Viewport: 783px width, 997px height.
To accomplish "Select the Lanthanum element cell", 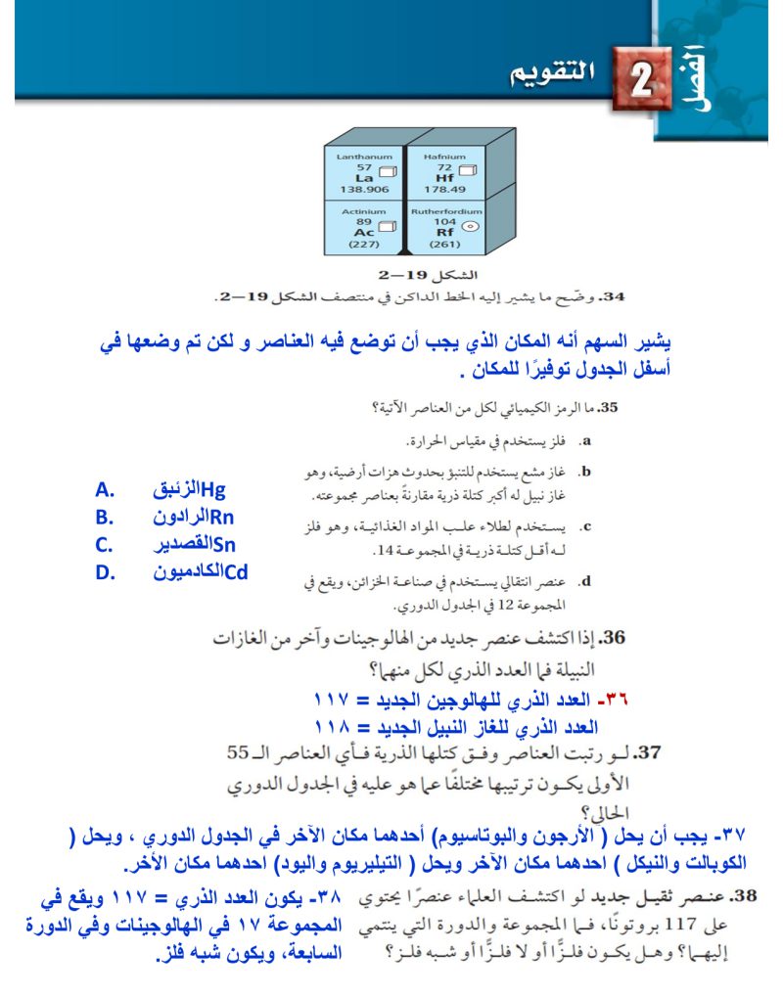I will pyautogui.click(x=364, y=173).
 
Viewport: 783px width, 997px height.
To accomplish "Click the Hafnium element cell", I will pyautogui.click(x=444, y=173).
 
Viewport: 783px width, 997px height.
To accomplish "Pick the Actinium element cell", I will pyautogui.click(x=364, y=228).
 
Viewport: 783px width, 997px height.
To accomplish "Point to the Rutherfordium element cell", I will pyautogui.click(x=445, y=228).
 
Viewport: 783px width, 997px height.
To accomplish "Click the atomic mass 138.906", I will pyautogui.click(x=364, y=189).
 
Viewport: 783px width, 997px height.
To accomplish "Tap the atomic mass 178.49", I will pyautogui.click(x=444, y=189).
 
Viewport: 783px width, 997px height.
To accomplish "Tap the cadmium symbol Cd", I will pyautogui.click(x=236, y=572).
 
